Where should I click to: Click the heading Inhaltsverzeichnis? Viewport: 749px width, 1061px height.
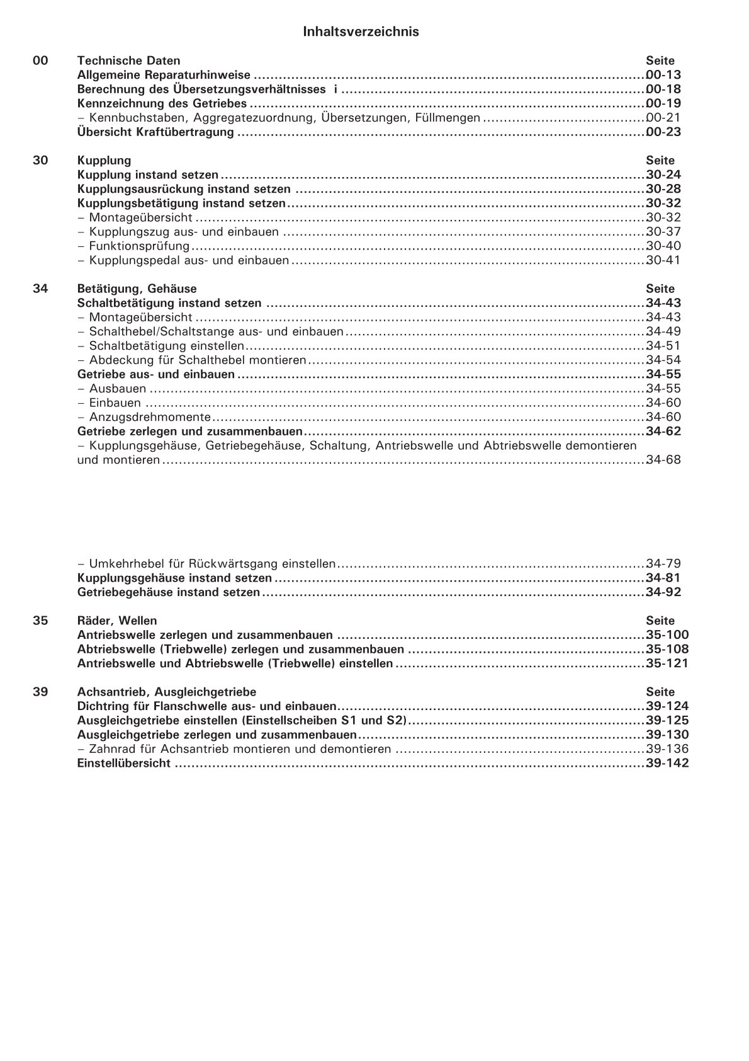point(361,32)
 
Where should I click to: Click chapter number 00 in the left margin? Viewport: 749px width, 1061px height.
point(40,60)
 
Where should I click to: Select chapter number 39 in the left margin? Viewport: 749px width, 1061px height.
point(40,692)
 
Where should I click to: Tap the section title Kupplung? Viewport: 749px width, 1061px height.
point(104,161)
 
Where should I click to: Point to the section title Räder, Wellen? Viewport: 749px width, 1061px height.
point(117,621)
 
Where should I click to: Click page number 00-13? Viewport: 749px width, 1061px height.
point(663,75)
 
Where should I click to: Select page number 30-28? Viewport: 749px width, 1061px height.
point(663,189)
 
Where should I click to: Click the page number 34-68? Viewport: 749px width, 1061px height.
point(663,460)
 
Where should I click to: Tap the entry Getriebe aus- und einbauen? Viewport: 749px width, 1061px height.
point(155,374)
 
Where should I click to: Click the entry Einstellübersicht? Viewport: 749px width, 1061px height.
point(123,763)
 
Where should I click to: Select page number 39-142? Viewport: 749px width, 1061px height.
point(667,763)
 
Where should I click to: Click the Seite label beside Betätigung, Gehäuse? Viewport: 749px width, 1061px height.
point(660,289)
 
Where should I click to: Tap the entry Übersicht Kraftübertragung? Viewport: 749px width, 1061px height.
point(155,132)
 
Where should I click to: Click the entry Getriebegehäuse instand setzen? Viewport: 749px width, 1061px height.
point(168,592)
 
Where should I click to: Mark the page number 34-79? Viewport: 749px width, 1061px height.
point(663,563)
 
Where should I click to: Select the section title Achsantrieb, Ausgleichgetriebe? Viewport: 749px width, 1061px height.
point(166,692)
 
